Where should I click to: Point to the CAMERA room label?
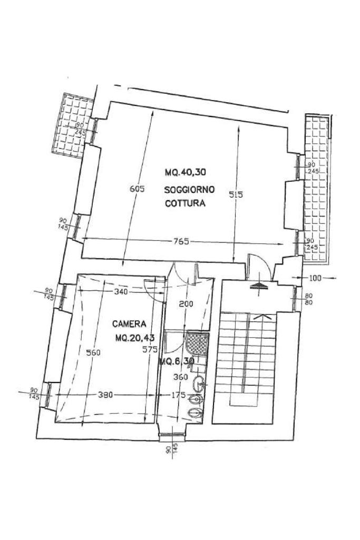click(129, 324)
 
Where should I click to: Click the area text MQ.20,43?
click(135, 338)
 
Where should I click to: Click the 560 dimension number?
click(92, 352)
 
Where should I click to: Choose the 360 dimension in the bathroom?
click(181, 377)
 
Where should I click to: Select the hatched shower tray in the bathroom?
click(197, 343)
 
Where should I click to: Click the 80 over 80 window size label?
click(309, 300)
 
